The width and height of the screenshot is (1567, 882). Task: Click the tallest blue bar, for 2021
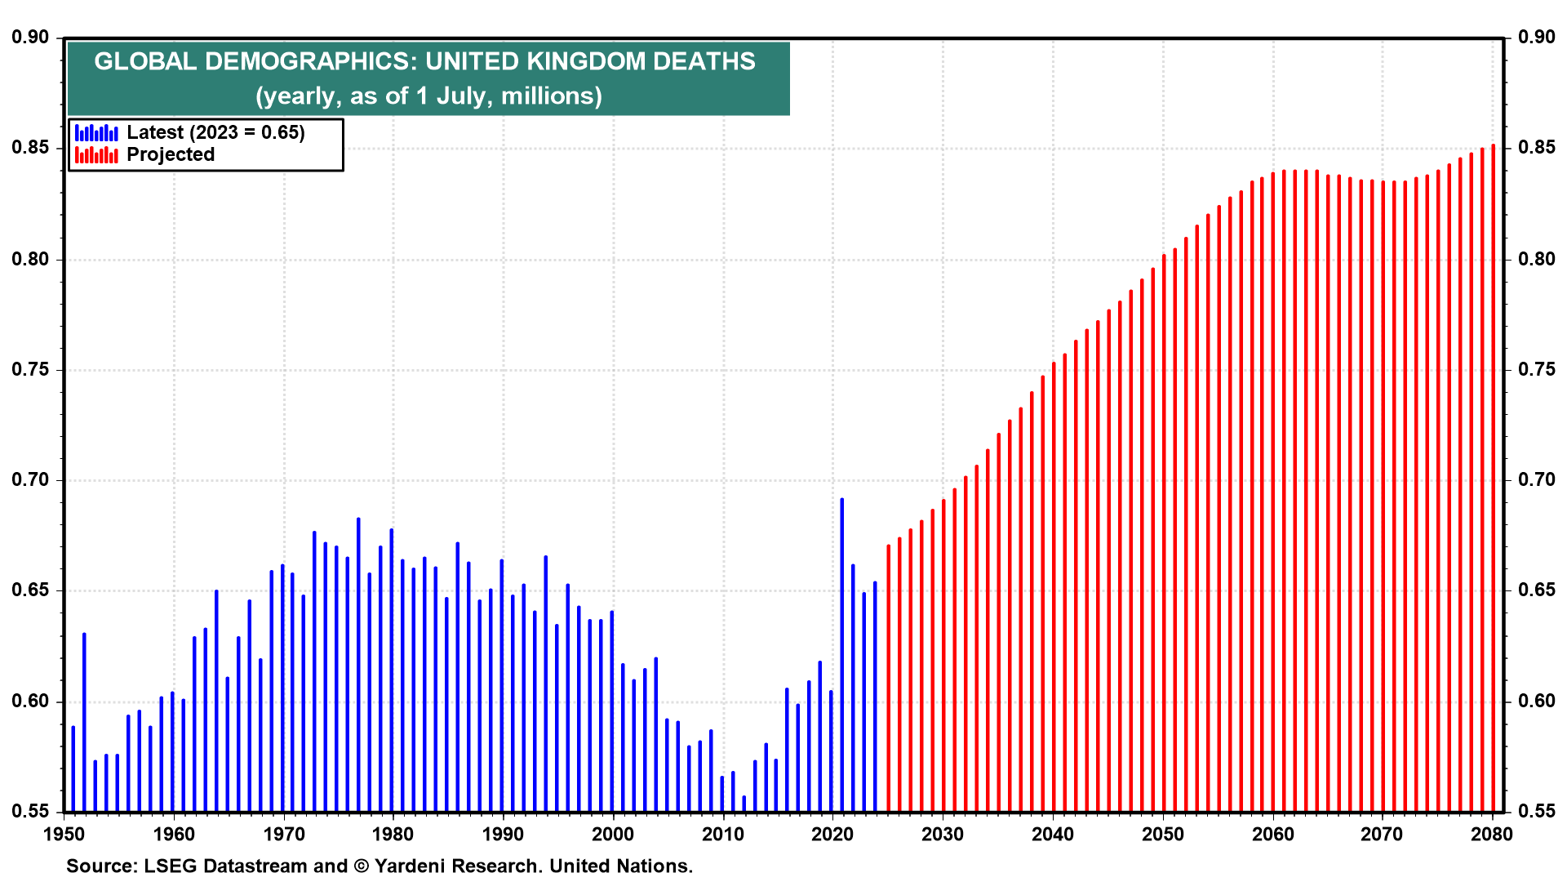(x=842, y=653)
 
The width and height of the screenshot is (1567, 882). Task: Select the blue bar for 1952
(x=84, y=723)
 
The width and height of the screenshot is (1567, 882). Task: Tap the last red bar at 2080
(x=1494, y=478)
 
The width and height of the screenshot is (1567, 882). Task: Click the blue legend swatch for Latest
(x=96, y=132)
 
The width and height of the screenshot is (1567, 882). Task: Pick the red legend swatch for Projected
(x=96, y=154)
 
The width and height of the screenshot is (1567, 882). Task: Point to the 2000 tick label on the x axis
(x=612, y=834)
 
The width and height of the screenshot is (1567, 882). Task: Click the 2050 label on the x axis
(x=1162, y=834)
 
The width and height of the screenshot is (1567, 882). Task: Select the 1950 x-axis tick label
(x=64, y=834)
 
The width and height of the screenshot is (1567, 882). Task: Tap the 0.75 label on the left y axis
(x=30, y=370)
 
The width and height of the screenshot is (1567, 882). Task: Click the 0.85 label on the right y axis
(x=1537, y=148)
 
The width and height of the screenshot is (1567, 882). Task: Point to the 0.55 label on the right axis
(x=1537, y=812)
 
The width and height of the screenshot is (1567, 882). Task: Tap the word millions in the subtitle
(x=551, y=96)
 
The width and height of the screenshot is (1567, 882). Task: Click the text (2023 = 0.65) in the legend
(x=247, y=132)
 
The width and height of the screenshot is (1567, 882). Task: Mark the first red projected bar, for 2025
(x=889, y=678)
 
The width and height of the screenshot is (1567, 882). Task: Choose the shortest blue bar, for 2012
(x=744, y=804)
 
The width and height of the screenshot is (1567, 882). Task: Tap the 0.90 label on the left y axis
(x=30, y=38)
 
